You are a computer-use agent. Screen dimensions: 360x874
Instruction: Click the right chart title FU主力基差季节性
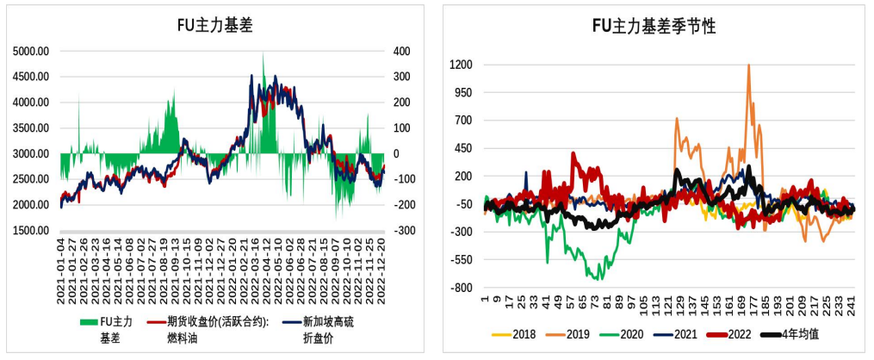click(x=654, y=26)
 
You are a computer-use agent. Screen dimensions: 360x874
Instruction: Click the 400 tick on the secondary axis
click(x=402, y=52)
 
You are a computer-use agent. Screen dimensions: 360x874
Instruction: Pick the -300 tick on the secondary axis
click(x=402, y=231)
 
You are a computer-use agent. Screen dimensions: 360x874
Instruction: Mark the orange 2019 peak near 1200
click(x=748, y=65)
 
